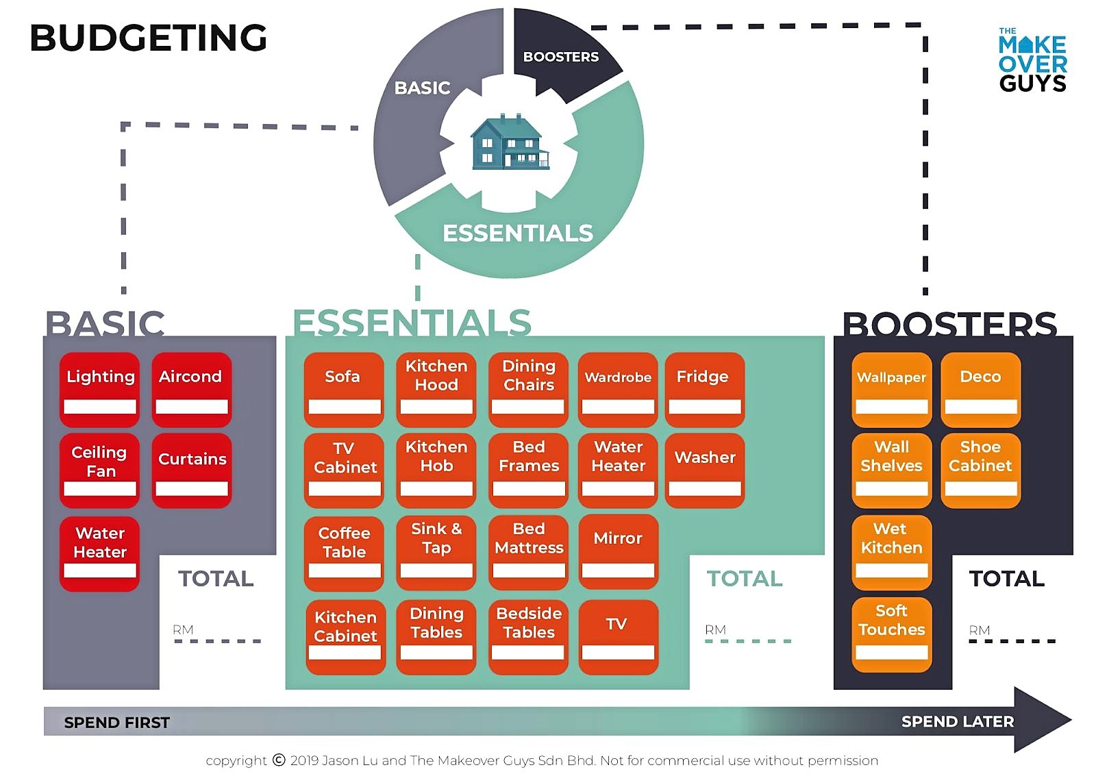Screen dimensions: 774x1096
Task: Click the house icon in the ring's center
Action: [509, 142]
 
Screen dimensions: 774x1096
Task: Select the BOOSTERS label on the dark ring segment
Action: [560, 57]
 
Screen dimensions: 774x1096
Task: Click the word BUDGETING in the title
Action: [148, 38]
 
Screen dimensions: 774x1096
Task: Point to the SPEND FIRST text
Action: [116, 723]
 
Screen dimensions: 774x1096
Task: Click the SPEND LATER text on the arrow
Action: [957, 721]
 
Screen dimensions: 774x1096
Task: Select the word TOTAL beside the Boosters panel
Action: [1006, 579]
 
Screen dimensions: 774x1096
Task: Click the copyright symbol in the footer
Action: [279, 760]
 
